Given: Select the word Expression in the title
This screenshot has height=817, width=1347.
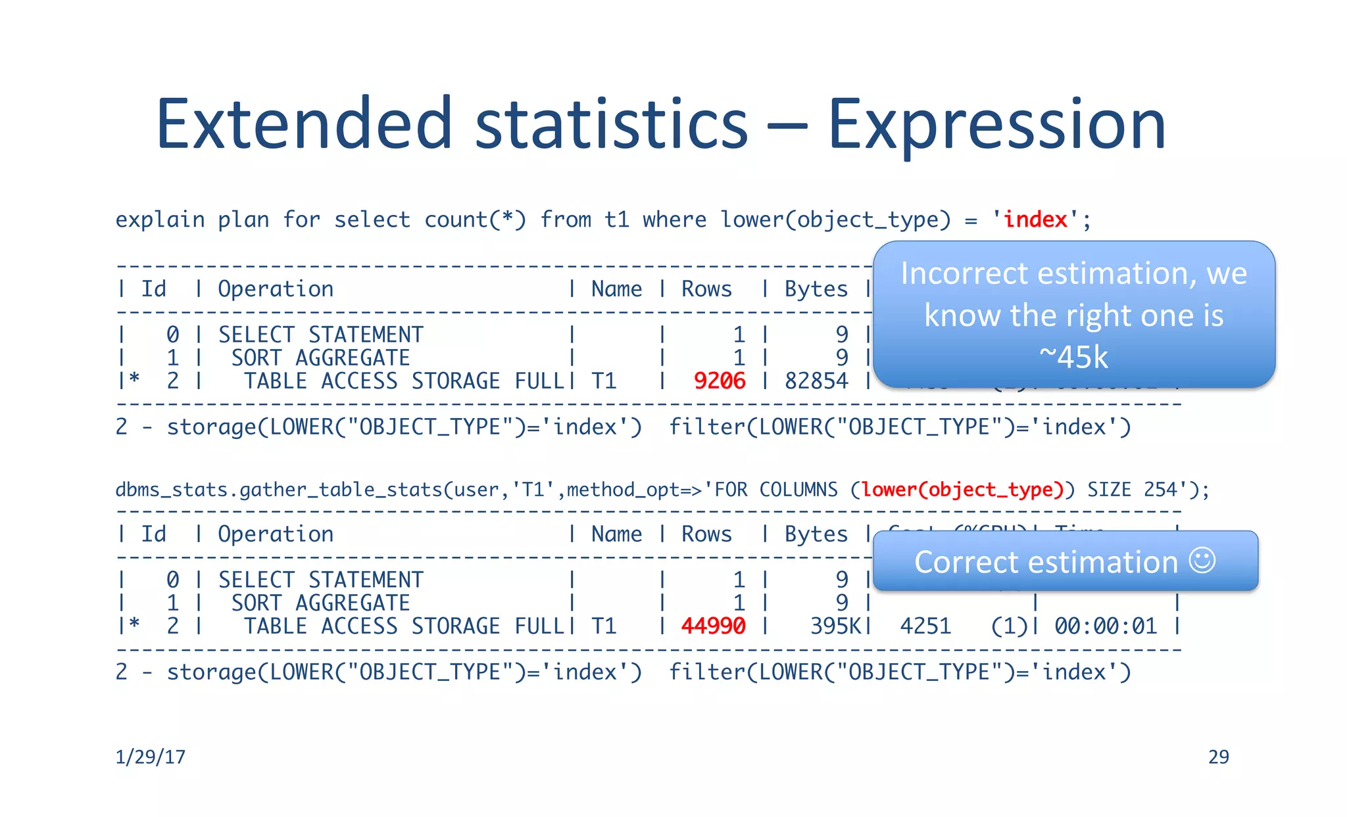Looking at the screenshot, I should point(996,125).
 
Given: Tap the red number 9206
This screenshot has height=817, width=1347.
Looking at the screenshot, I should point(720,381).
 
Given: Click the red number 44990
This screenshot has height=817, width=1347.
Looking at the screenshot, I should point(713,626).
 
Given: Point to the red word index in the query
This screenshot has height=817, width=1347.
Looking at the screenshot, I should point(1035,220).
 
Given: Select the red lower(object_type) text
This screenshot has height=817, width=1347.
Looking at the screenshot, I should point(962,490).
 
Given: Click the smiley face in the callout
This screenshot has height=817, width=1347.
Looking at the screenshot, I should point(1202,561).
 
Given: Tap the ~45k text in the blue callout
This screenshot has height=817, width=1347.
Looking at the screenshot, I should point(1073,358).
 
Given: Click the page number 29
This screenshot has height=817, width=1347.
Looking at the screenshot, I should point(1218,757).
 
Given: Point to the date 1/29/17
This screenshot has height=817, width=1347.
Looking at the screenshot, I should point(151,757).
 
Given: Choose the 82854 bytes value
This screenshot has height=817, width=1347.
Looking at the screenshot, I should point(816,381).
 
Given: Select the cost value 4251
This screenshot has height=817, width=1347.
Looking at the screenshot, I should point(925,626).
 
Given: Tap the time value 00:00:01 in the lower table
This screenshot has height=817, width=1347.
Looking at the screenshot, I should point(1106,626).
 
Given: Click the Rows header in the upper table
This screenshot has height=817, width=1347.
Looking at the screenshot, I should point(706,289).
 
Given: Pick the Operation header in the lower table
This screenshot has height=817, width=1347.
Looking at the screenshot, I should point(276,534).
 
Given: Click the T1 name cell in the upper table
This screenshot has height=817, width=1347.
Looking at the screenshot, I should point(604,381).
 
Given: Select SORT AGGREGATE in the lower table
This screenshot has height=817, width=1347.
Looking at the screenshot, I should point(320,603).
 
